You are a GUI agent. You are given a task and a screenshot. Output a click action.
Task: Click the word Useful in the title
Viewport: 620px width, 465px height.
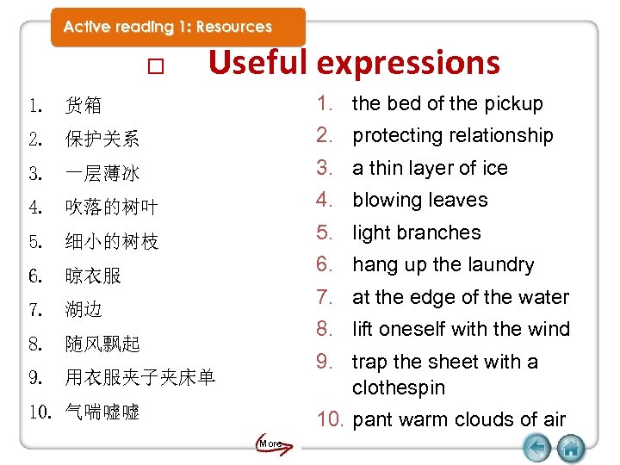click(x=257, y=62)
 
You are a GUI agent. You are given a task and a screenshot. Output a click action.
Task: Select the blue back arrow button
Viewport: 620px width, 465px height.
click(x=537, y=448)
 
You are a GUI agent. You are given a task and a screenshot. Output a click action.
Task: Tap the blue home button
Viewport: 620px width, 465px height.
click(x=571, y=448)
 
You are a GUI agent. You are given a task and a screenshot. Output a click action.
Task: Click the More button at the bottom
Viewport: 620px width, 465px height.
click(x=270, y=443)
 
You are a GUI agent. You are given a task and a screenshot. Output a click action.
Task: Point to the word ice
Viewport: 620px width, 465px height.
click(x=495, y=168)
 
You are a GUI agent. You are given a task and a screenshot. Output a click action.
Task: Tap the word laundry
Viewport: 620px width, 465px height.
click(x=495, y=265)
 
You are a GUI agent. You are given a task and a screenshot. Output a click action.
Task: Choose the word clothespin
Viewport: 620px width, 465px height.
click(x=399, y=387)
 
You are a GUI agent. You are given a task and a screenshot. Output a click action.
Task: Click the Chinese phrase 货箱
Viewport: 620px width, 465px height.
click(x=84, y=106)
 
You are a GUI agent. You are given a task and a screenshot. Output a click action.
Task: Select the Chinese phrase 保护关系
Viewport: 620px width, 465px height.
click(x=102, y=139)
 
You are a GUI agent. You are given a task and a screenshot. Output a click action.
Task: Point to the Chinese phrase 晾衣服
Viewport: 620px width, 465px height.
click(x=93, y=276)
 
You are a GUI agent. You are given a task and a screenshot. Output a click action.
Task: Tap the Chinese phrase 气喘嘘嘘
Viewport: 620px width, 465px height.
click(x=102, y=412)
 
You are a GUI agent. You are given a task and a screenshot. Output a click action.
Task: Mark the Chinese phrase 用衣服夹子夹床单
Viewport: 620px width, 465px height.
click(x=140, y=377)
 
